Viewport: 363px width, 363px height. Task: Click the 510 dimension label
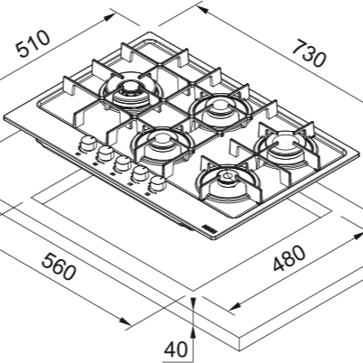33,43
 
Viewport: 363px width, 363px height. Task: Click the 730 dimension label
309,54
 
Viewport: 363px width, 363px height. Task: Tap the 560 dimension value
59,266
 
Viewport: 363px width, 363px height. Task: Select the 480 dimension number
289,258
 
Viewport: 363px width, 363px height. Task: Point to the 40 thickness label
175,349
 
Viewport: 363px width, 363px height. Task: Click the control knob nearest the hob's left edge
88,143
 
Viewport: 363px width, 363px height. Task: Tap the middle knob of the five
122,163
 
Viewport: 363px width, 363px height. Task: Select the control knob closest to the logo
157,183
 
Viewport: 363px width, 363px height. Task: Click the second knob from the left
105,153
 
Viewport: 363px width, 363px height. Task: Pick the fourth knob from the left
140,172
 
